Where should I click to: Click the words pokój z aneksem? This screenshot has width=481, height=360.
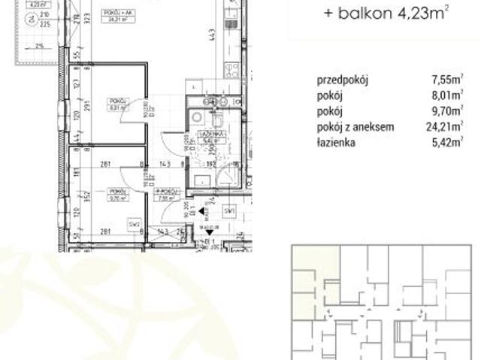tap(357, 127)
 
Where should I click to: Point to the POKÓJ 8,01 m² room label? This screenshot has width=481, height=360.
tap(117, 104)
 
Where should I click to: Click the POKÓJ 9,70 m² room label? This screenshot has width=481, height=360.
tap(117, 194)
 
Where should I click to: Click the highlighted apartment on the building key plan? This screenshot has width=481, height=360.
tap(306, 278)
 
